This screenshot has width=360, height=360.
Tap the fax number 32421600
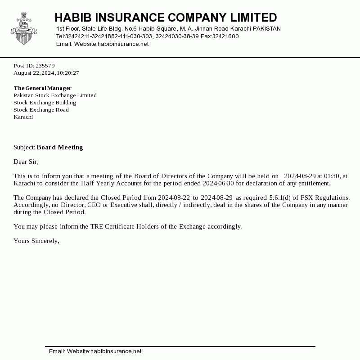coord(225,36)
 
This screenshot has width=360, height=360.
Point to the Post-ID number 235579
coord(45,66)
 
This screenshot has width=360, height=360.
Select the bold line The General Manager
coord(43,88)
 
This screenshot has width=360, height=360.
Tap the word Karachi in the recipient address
coord(23,117)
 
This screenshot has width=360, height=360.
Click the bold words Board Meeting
coord(60,148)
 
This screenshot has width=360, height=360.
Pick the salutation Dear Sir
coord(26,162)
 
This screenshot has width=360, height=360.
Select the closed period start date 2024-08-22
coord(174,198)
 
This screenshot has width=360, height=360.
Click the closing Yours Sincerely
coord(36,241)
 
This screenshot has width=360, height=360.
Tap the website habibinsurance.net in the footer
coord(116,351)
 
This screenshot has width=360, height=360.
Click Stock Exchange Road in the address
coord(41,110)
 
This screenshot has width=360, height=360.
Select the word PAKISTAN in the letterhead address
coord(267,29)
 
